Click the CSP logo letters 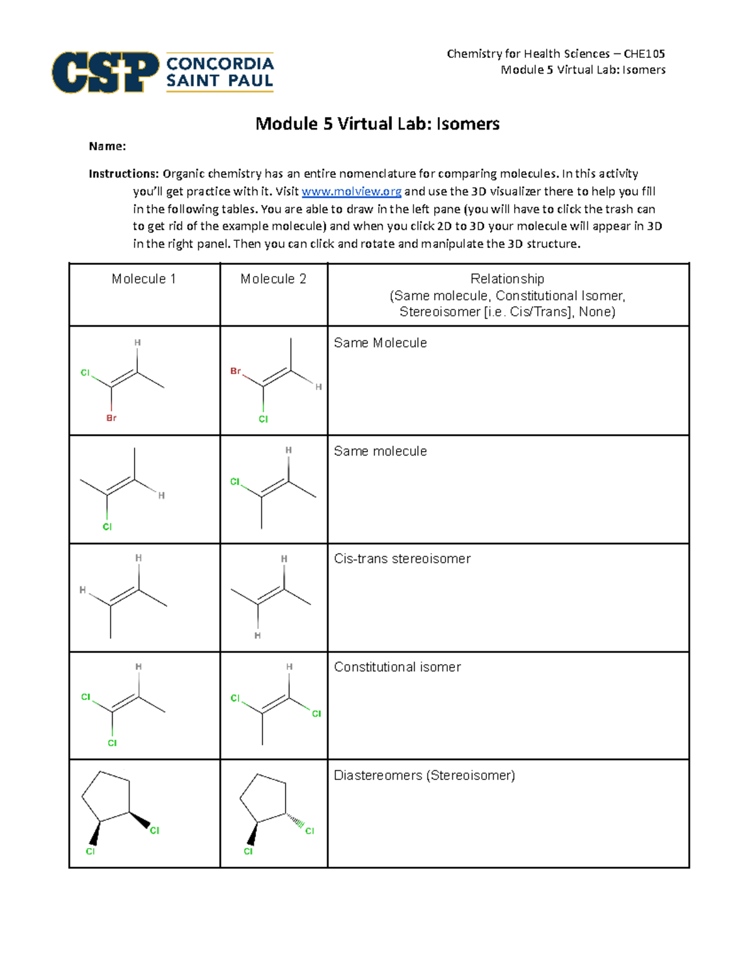[x=104, y=72]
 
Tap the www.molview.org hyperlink [x=351, y=191]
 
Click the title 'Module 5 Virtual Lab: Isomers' [x=377, y=124]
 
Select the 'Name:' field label [x=107, y=147]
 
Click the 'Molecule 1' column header [x=143, y=279]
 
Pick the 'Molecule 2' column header [x=273, y=279]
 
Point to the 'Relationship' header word [x=507, y=279]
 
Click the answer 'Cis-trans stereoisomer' [x=402, y=559]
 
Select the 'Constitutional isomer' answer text [x=397, y=667]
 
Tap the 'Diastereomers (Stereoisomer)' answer [x=424, y=775]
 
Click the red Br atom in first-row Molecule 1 [x=111, y=418]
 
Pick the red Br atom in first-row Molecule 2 [x=235, y=371]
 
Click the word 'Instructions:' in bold [x=123, y=174]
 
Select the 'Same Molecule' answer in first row [x=380, y=343]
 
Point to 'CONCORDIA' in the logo [x=220, y=64]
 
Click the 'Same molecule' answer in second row [x=380, y=451]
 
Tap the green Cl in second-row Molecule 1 [x=107, y=527]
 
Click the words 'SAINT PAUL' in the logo [x=220, y=81]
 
